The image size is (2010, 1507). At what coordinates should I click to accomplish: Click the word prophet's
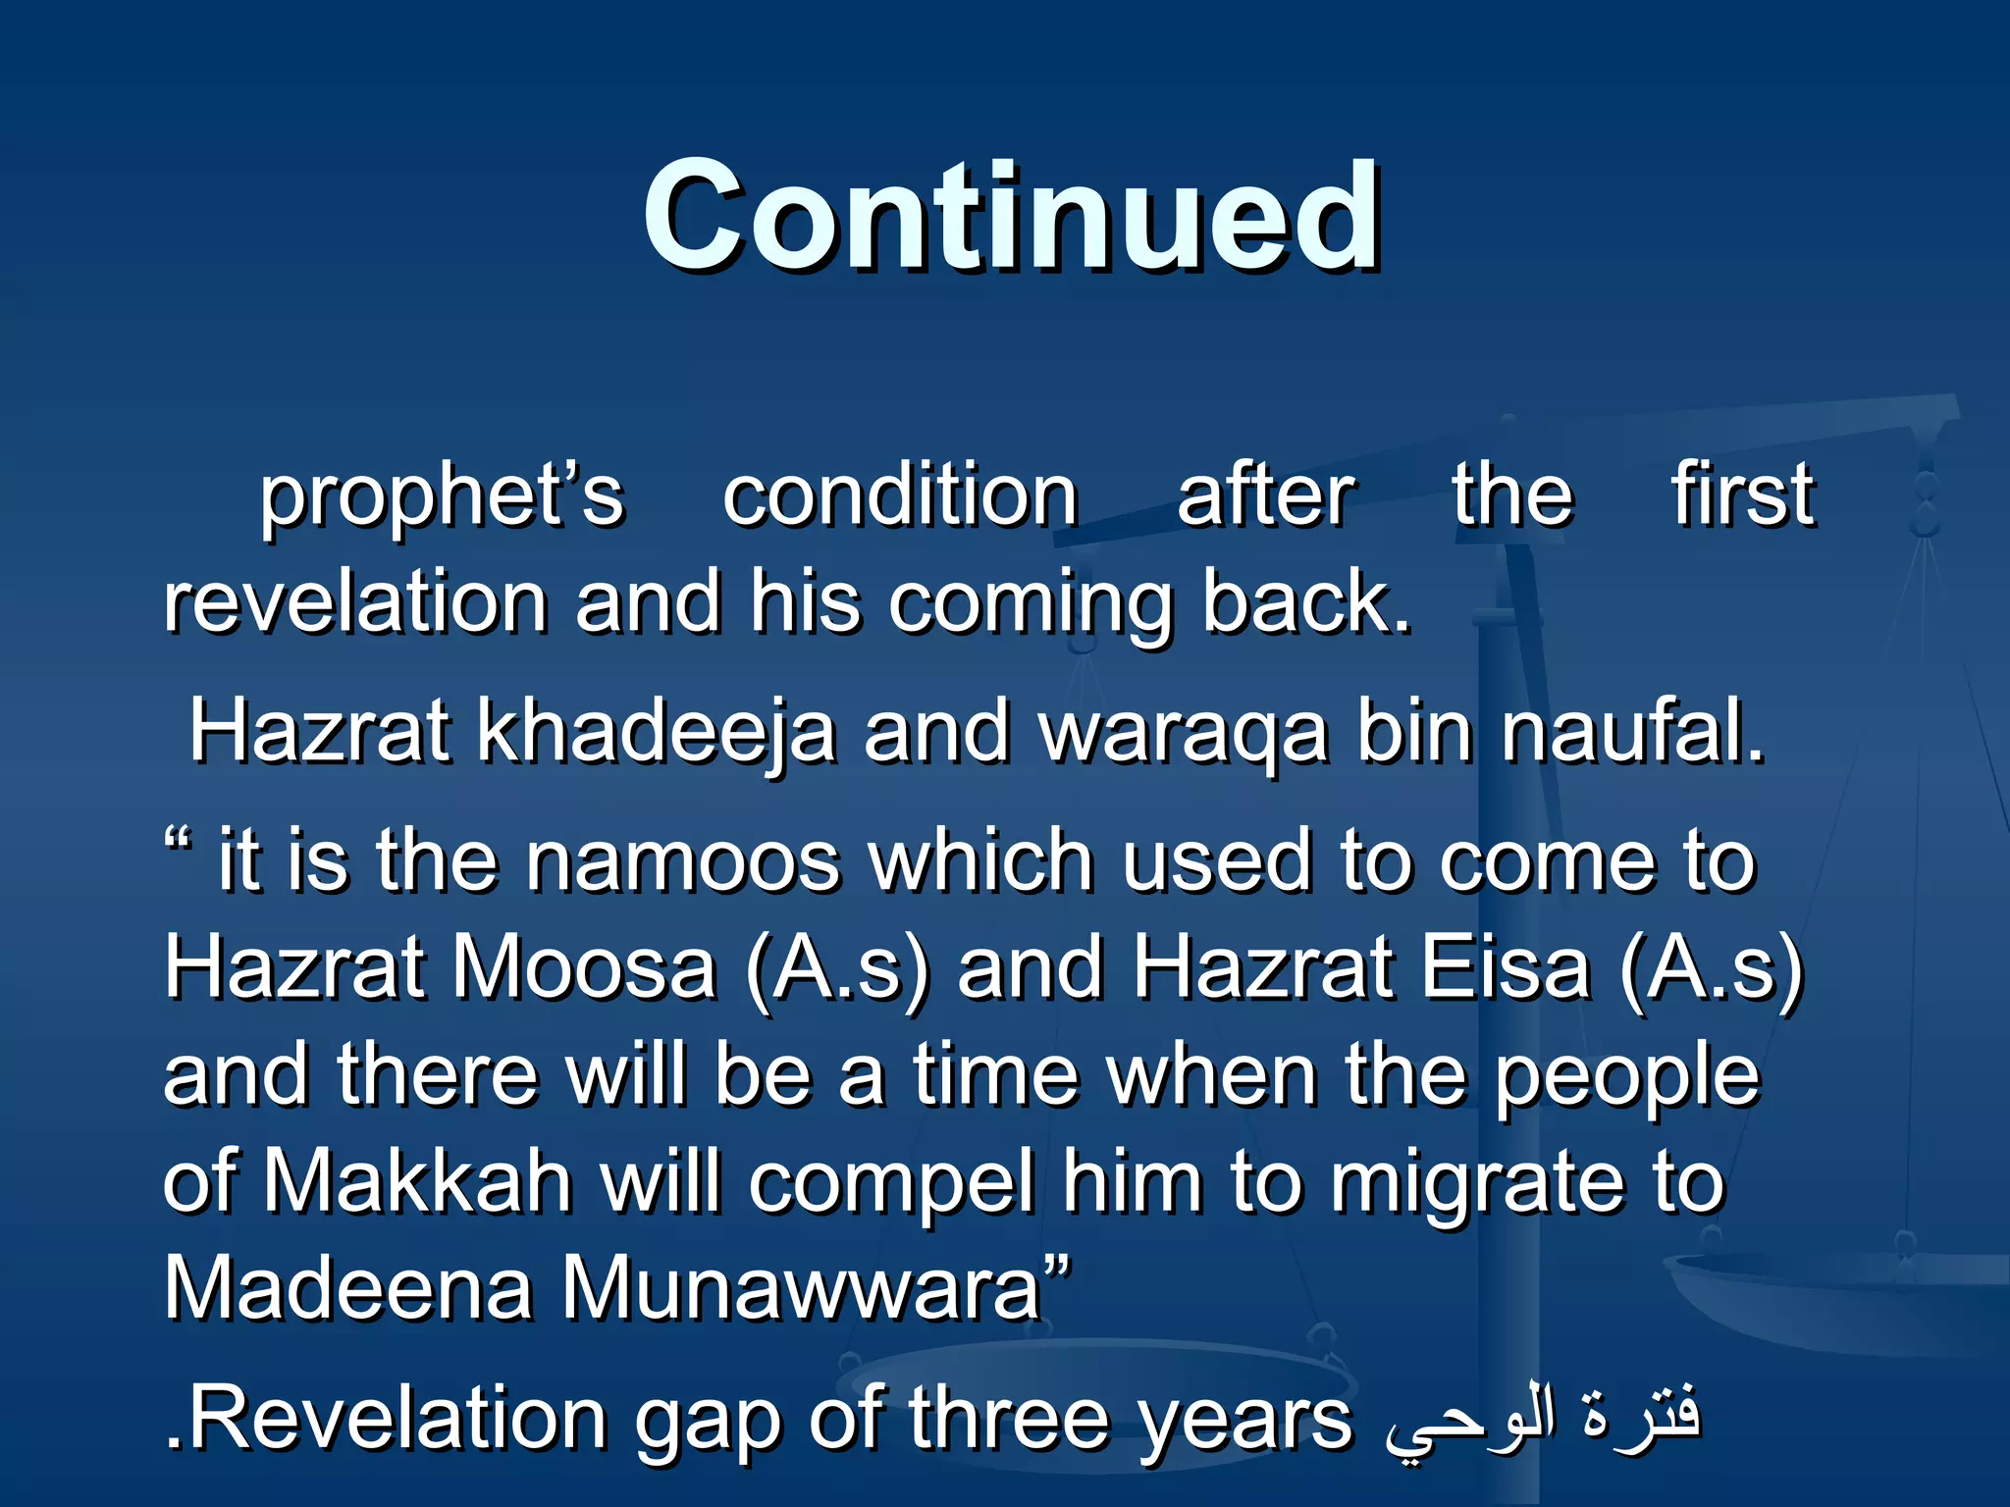pyautogui.click(x=441, y=496)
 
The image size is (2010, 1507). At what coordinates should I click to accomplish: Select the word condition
pyautogui.click(x=900, y=496)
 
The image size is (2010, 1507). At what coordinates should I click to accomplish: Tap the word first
pyautogui.click(x=1742, y=494)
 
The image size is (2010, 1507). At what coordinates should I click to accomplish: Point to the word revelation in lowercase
pyautogui.click(x=355, y=602)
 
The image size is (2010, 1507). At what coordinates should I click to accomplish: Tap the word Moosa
pyautogui.click(x=583, y=967)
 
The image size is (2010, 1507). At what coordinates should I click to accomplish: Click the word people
pyautogui.click(x=1626, y=1077)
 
